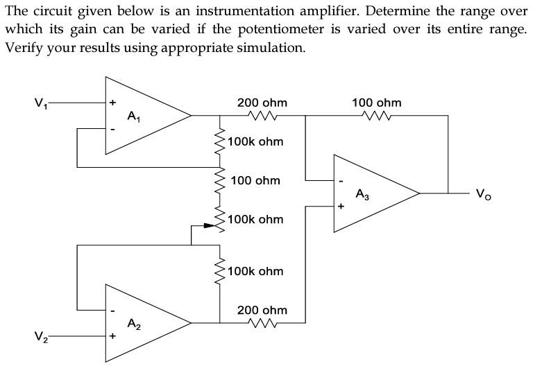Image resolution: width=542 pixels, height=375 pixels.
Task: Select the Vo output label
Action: tap(483, 195)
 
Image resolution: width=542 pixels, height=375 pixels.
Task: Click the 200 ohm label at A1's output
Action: tap(262, 103)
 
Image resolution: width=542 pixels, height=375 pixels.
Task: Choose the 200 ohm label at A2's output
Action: tap(262, 310)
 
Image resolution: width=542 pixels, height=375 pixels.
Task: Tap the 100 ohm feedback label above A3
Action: tap(376, 103)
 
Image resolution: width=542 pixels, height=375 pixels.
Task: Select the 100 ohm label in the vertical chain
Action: tap(255, 180)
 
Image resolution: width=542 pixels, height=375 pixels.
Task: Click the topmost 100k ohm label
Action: tap(255, 141)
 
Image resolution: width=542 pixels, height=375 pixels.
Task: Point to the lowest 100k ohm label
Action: tap(255, 271)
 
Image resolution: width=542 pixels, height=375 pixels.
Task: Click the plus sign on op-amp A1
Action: tap(111, 103)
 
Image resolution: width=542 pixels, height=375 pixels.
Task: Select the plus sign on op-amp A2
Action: tap(111, 336)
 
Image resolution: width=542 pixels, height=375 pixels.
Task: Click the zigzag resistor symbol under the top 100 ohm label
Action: tap(376, 116)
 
